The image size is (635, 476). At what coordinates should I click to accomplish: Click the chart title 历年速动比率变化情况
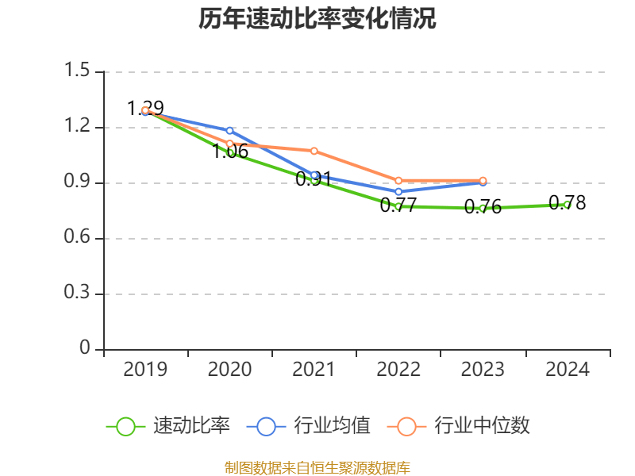point(317,19)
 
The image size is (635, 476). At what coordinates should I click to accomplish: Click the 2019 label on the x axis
point(145,369)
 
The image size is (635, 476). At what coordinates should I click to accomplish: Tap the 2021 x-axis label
point(314,369)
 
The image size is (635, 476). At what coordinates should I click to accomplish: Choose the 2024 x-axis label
point(568,369)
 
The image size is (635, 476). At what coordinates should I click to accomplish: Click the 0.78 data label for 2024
point(568,203)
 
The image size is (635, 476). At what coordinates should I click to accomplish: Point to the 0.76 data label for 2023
point(483,208)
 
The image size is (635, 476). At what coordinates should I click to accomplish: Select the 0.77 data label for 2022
point(398,206)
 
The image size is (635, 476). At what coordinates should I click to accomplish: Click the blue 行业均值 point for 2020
point(229,130)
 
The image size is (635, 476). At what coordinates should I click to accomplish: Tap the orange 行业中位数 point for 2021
point(314,151)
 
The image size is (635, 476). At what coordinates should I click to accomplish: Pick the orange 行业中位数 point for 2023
point(483,181)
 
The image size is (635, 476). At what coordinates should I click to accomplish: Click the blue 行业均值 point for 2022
point(398,192)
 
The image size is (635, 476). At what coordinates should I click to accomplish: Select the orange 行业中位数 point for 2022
point(398,181)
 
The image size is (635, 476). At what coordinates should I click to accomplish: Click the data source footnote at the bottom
point(317,467)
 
